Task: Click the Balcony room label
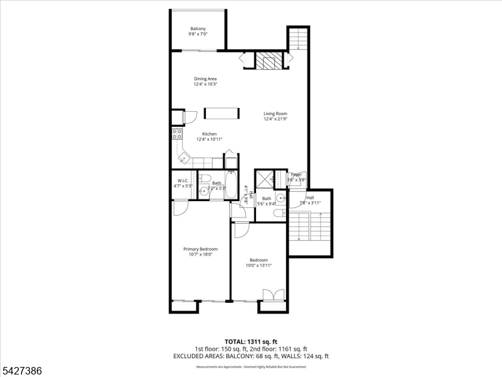tap(198, 29)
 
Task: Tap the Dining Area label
tap(205, 79)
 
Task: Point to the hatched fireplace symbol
tap(269, 61)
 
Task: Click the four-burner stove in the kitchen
tap(177, 133)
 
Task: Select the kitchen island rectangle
tap(222, 113)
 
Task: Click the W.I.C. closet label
tap(183, 181)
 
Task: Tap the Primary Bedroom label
tap(200, 249)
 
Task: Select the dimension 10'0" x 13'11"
tap(259, 266)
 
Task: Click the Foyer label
tap(296, 175)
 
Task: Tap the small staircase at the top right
tap(299, 40)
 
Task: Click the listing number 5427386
tap(22, 371)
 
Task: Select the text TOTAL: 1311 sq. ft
tap(250, 341)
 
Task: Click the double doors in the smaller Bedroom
tap(273, 295)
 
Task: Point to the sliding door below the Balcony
tap(200, 50)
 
